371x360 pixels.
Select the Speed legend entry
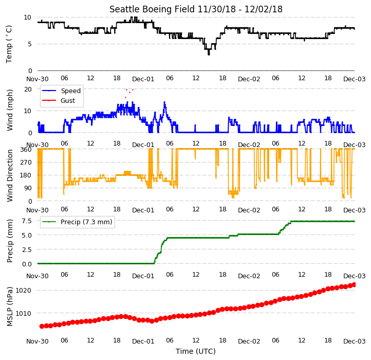[61, 91]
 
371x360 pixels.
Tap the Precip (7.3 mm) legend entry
[77, 222]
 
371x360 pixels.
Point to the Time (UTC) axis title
[196, 351]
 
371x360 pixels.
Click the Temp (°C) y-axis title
[9, 44]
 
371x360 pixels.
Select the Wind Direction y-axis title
[10, 175]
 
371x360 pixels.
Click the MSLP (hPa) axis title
[10, 307]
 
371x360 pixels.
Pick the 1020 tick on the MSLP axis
[23, 291]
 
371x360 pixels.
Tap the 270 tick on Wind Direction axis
[27, 162]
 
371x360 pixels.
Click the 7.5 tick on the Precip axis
[27, 221]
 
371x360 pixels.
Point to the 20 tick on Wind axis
[28, 89]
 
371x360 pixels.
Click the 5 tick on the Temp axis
[30, 44]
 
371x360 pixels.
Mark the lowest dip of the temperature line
[209, 55]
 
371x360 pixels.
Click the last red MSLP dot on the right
[354, 284]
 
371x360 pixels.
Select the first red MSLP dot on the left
[42, 326]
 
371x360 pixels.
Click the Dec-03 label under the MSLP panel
[355, 341]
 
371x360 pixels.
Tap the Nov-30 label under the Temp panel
[38, 79]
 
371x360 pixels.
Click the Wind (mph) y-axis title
[10, 110]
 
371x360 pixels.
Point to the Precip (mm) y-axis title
[10, 241]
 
